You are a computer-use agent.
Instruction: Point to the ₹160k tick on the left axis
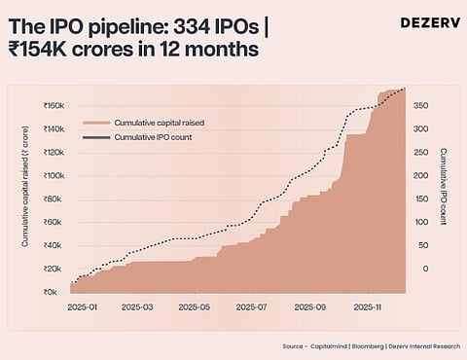coord(53,106)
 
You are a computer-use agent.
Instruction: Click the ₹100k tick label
coord(53,176)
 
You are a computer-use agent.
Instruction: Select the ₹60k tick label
coord(54,223)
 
